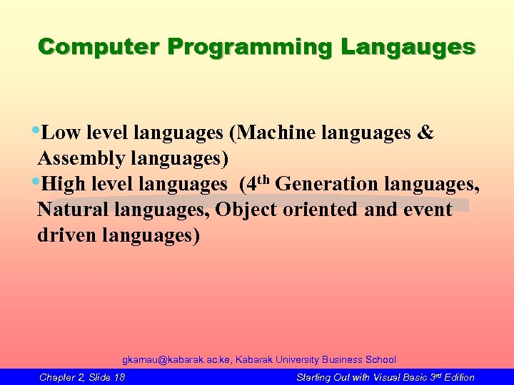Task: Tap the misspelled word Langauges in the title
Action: (x=408, y=48)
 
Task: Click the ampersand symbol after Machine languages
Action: (x=425, y=134)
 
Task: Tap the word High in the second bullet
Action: (x=64, y=185)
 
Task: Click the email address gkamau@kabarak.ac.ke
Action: (x=177, y=360)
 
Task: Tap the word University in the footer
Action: (x=293, y=360)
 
